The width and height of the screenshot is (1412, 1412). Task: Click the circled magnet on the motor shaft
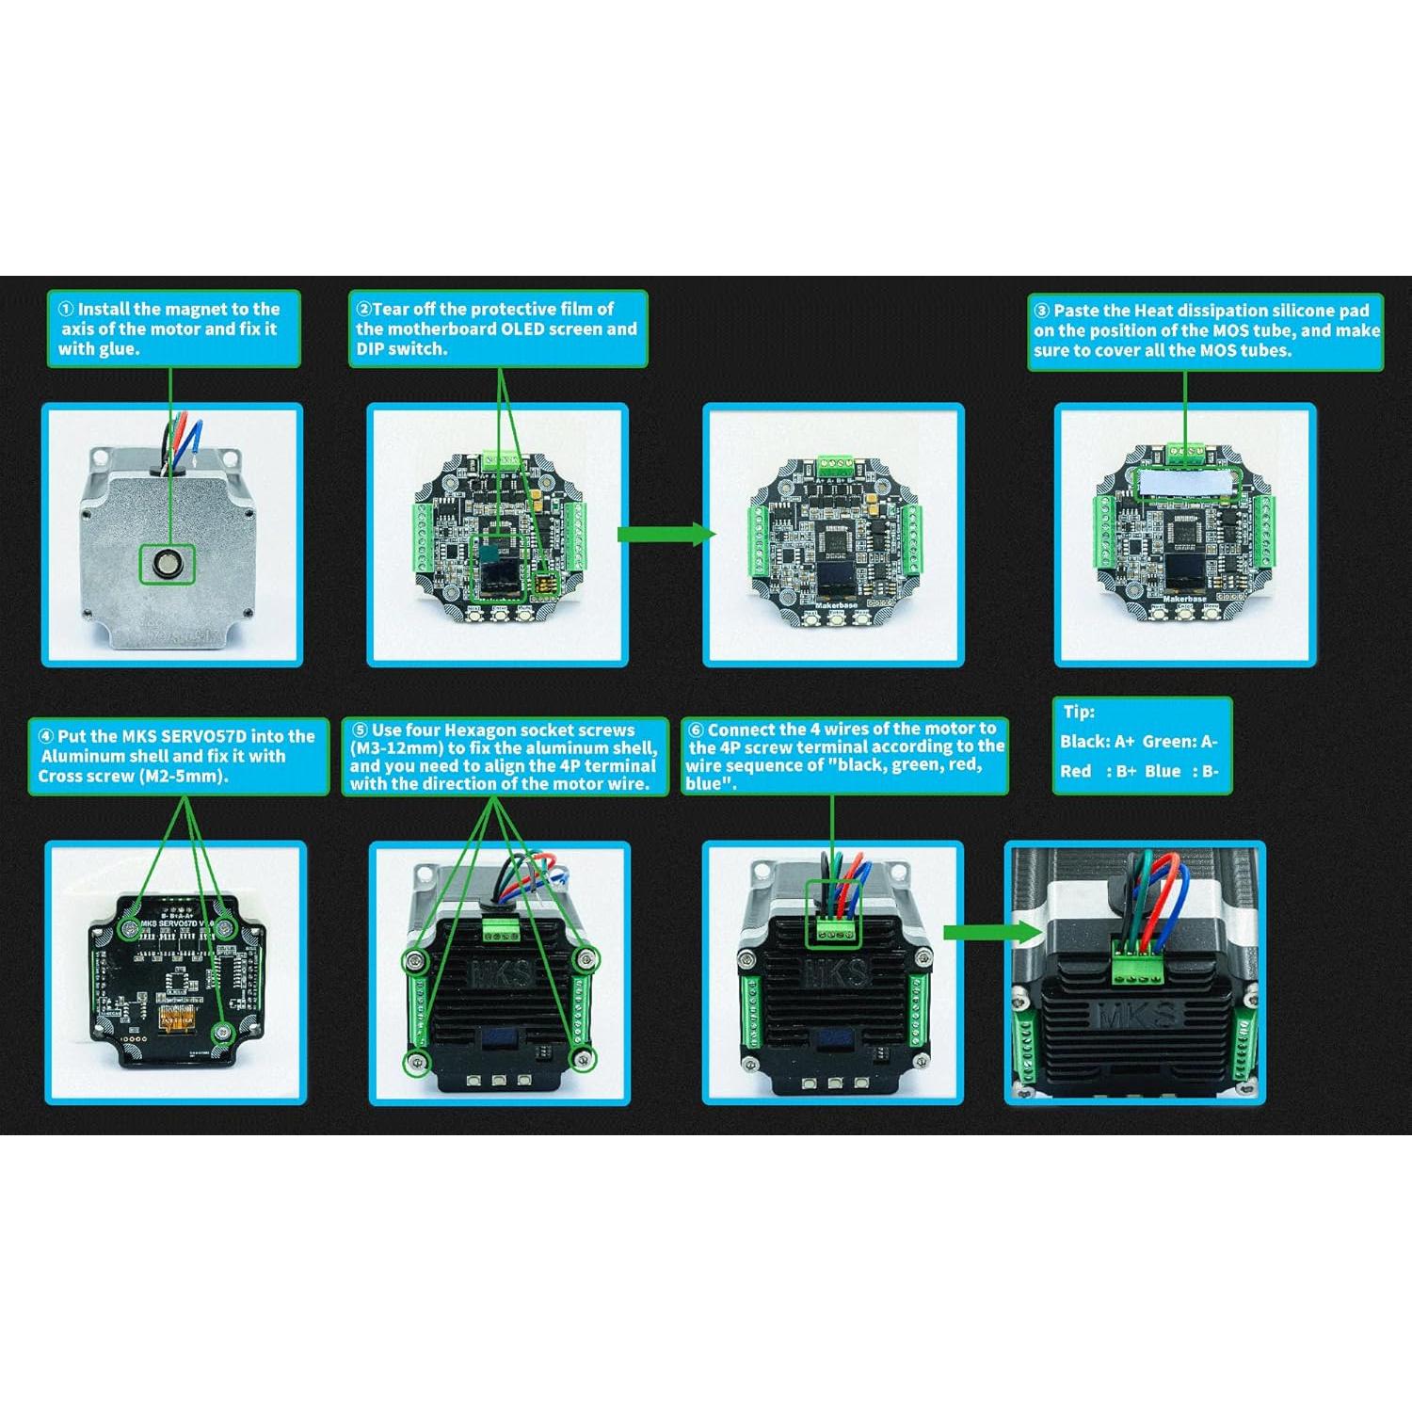[x=168, y=565]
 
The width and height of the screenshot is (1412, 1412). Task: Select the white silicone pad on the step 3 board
[x=1184, y=484]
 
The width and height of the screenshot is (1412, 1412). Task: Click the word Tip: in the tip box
[x=1079, y=713]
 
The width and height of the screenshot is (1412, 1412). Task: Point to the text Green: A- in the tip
[x=1180, y=742]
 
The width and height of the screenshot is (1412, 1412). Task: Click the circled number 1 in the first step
[x=66, y=309]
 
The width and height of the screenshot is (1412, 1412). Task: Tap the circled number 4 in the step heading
[x=46, y=736]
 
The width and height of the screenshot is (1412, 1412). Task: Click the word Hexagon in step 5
[x=479, y=730]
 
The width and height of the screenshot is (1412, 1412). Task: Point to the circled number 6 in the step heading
[x=697, y=730]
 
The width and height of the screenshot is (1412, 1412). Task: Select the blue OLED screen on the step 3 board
[x=1184, y=570]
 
